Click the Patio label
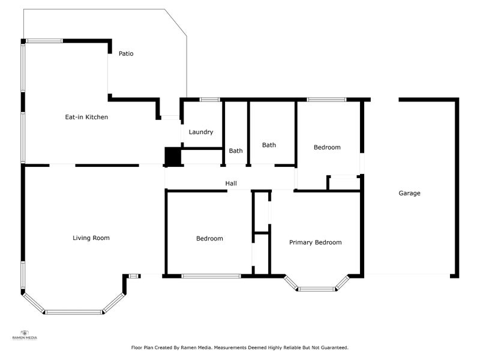pyautogui.click(x=126, y=53)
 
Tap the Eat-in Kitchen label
pyautogui.click(x=86, y=117)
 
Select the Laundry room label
pyautogui.click(x=201, y=132)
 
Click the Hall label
pyautogui.click(x=231, y=183)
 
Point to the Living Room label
pyautogui.click(x=91, y=238)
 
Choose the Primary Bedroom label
pyautogui.click(x=315, y=242)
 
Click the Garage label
pyautogui.click(x=409, y=193)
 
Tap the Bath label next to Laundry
pyautogui.click(x=236, y=151)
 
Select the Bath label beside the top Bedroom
pyautogui.click(x=269, y=145)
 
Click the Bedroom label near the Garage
pyautogui.click(x=327, y=147)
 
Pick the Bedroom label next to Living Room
pyautogui.click(x=209, y=238)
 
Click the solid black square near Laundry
pyautogui.click(x=172, y=157)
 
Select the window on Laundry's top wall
pyautogui.click(x=209, y=99)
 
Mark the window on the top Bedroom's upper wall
pyautogui.click(x=326, y=99)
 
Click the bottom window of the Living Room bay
pyautogui.click(x=74, y=312)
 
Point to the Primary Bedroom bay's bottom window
pyautogui.click(x=316, y=289)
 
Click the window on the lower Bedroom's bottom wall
pyautogui.click(x=211, y=276)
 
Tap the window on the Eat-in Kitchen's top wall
pyautogui.click(x=44, y=41)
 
